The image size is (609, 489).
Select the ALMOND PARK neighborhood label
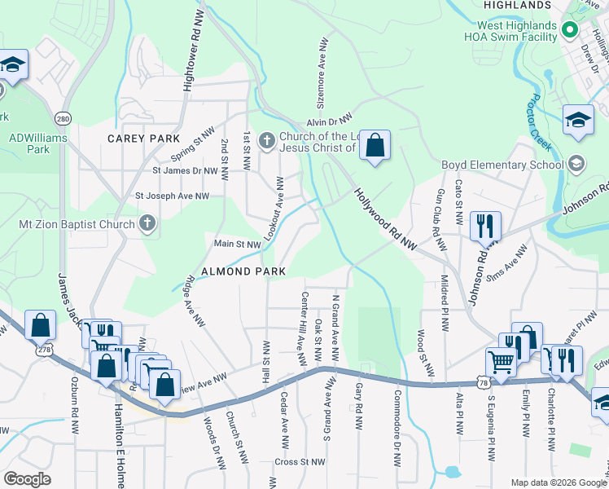pyautogui.click(x=243, y=271)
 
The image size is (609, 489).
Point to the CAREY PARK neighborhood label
pyautogui.click(x=142, y=139)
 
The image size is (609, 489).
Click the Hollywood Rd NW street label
pyautogui.click(x=385, y=221)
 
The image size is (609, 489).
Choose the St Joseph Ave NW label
pyautogui.click(x=172, y=196)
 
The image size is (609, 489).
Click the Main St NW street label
pyautogui.click(x=237, y=244)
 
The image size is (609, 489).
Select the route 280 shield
pyautogui.click(x=64, y=119)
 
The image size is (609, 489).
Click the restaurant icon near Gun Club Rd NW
pyautogui.click(x=486, y=226)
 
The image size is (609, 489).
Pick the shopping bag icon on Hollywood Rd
pyautogui.click(x=375, y=146)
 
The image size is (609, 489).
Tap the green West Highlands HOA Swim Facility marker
pyautogui.click(x=570, y=32)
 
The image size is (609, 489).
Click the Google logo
pyautogui.click(x=27, y=479)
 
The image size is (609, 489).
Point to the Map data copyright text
pyautogui.click(x=558, y=482)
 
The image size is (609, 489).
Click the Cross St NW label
pyautogui.click(x=300, y=461)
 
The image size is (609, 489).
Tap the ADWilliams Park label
pyautogui.click(x=37, y=143)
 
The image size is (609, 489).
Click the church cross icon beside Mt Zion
pyautogui.click(x=147, y=222)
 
